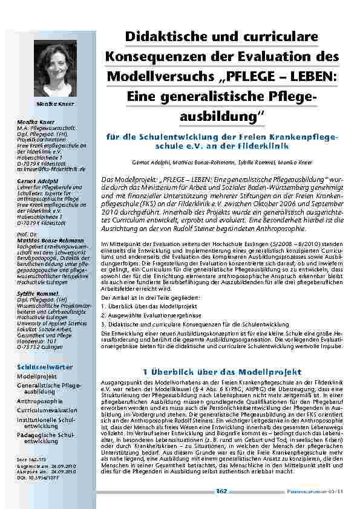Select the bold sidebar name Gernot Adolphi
tap(33, 181)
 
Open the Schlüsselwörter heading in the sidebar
tap(45, 367)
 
